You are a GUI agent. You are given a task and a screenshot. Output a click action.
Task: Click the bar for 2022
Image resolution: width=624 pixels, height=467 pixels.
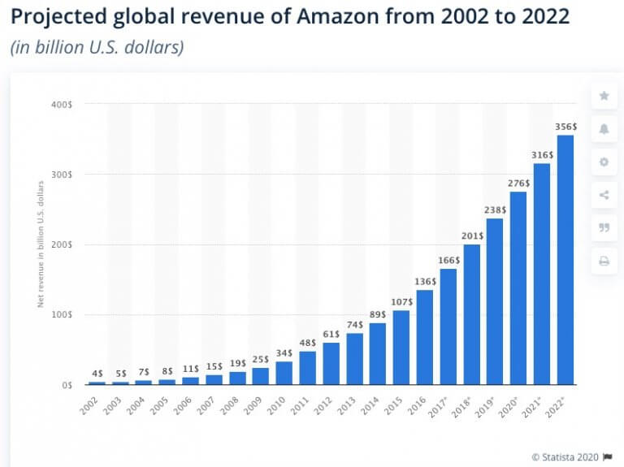point(565,260)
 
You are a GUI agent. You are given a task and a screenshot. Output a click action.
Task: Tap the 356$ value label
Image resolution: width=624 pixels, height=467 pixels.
point(565,127)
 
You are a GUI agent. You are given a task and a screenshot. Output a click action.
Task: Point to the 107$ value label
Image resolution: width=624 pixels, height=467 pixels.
point(401,301)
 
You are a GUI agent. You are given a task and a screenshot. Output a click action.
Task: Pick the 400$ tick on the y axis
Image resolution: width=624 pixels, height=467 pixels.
point(63,104)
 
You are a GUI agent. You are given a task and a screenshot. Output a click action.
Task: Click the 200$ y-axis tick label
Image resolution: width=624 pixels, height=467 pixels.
point(63,244)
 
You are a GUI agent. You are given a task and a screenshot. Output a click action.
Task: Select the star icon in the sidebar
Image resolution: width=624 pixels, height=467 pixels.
point(604,96)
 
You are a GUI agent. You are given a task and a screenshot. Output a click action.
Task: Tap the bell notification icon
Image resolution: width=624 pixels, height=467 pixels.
point(604,129)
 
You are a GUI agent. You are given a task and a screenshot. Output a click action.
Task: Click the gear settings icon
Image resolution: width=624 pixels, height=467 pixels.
point(604,162)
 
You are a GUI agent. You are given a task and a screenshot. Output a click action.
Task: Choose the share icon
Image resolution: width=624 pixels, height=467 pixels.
point(604,195)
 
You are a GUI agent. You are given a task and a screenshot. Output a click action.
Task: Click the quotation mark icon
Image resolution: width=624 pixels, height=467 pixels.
point(604,228)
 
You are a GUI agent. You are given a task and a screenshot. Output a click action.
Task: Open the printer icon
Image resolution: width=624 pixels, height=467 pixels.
point(604,261)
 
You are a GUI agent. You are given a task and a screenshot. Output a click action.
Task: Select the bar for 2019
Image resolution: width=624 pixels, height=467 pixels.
point(495,301)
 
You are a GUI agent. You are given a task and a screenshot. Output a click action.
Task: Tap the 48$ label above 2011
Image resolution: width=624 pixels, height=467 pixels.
point(307,343)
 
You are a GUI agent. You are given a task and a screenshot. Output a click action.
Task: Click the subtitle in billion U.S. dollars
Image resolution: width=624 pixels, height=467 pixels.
point(97,47)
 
